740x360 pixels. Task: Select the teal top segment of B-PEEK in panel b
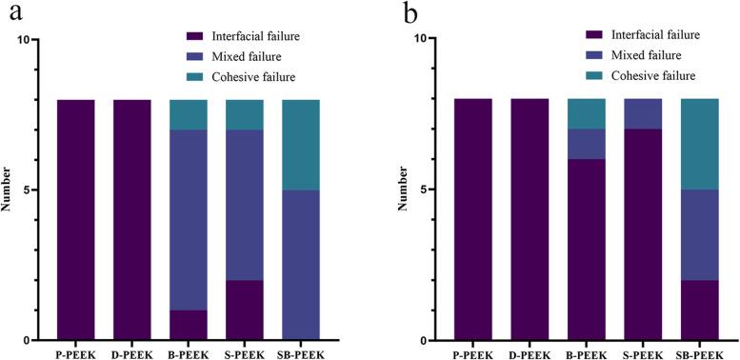(557, 114)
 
